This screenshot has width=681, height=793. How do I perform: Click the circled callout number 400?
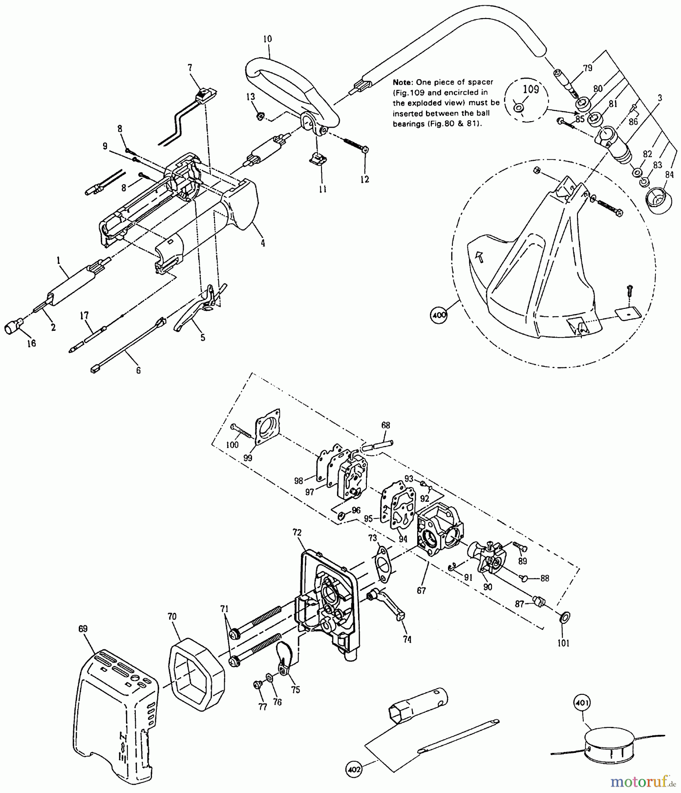click(x=440, y=315)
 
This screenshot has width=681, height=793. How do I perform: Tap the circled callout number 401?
click(x=582, y=702)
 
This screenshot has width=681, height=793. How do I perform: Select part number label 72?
click(x=297, y=532)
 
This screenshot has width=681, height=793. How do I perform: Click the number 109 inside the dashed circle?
click(x=531, y=89)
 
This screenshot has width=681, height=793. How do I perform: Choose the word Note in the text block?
click(x=401, y=82)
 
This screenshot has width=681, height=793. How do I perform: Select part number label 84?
click(x=670, y=175)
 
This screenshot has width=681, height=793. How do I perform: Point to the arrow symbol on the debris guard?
click(x=481, y=256)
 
